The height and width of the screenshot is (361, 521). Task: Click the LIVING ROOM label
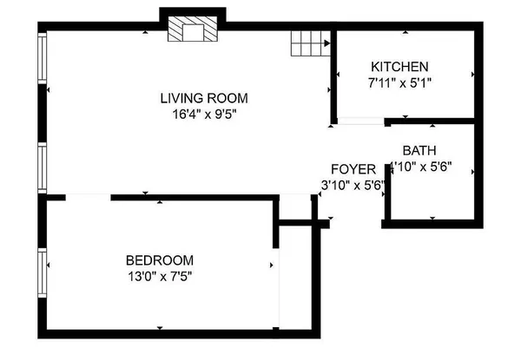coord(204,97)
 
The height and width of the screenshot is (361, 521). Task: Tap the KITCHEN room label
coord(399,67)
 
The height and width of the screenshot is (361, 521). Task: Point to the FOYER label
coord(353,168)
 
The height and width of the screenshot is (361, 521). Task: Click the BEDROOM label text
coord(159,260)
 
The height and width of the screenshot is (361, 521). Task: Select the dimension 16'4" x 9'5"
coord(204,113)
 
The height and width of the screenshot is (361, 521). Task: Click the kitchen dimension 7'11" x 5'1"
coord(399,82)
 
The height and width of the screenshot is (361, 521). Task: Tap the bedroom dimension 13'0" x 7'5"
coord(159,276)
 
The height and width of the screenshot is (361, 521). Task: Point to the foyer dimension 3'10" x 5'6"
coord(353,184)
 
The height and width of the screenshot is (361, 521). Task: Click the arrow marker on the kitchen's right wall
coord(471,74)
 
